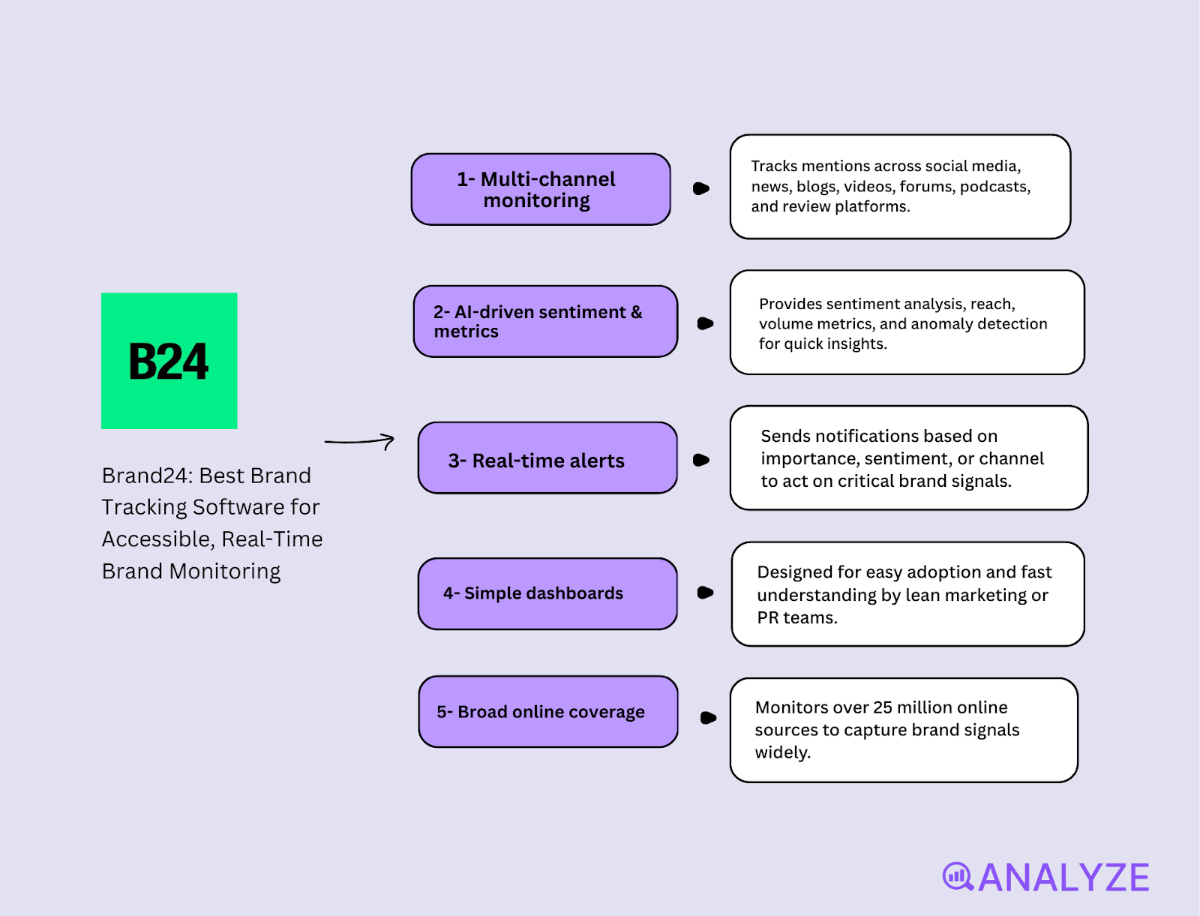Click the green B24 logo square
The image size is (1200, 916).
click(x=169, y=361)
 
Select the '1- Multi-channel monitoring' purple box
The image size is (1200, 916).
click(x=540, y=190)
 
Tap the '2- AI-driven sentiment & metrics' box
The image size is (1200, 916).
click(x=544, y=321)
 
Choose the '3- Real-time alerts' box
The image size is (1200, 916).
click(x=547, y=458)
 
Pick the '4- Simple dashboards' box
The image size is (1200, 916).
click(x=547, y=593)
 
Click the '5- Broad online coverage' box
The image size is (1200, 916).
click(x=547, y=711)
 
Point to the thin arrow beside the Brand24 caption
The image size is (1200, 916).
click(x=360, y=441)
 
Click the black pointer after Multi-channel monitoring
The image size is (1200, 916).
click(x=701, y=188)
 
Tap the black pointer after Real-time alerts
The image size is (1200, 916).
click(x=701, y=460)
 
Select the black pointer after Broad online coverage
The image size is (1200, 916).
click(x=708, y=718)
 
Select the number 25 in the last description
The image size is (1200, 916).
click(x=883, y=707)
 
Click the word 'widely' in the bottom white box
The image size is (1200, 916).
click(x=781, y=752)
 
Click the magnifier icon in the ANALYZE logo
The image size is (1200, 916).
click(x=958, y=876)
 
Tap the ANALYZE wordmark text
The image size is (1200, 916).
click(x=1063, y=878)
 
